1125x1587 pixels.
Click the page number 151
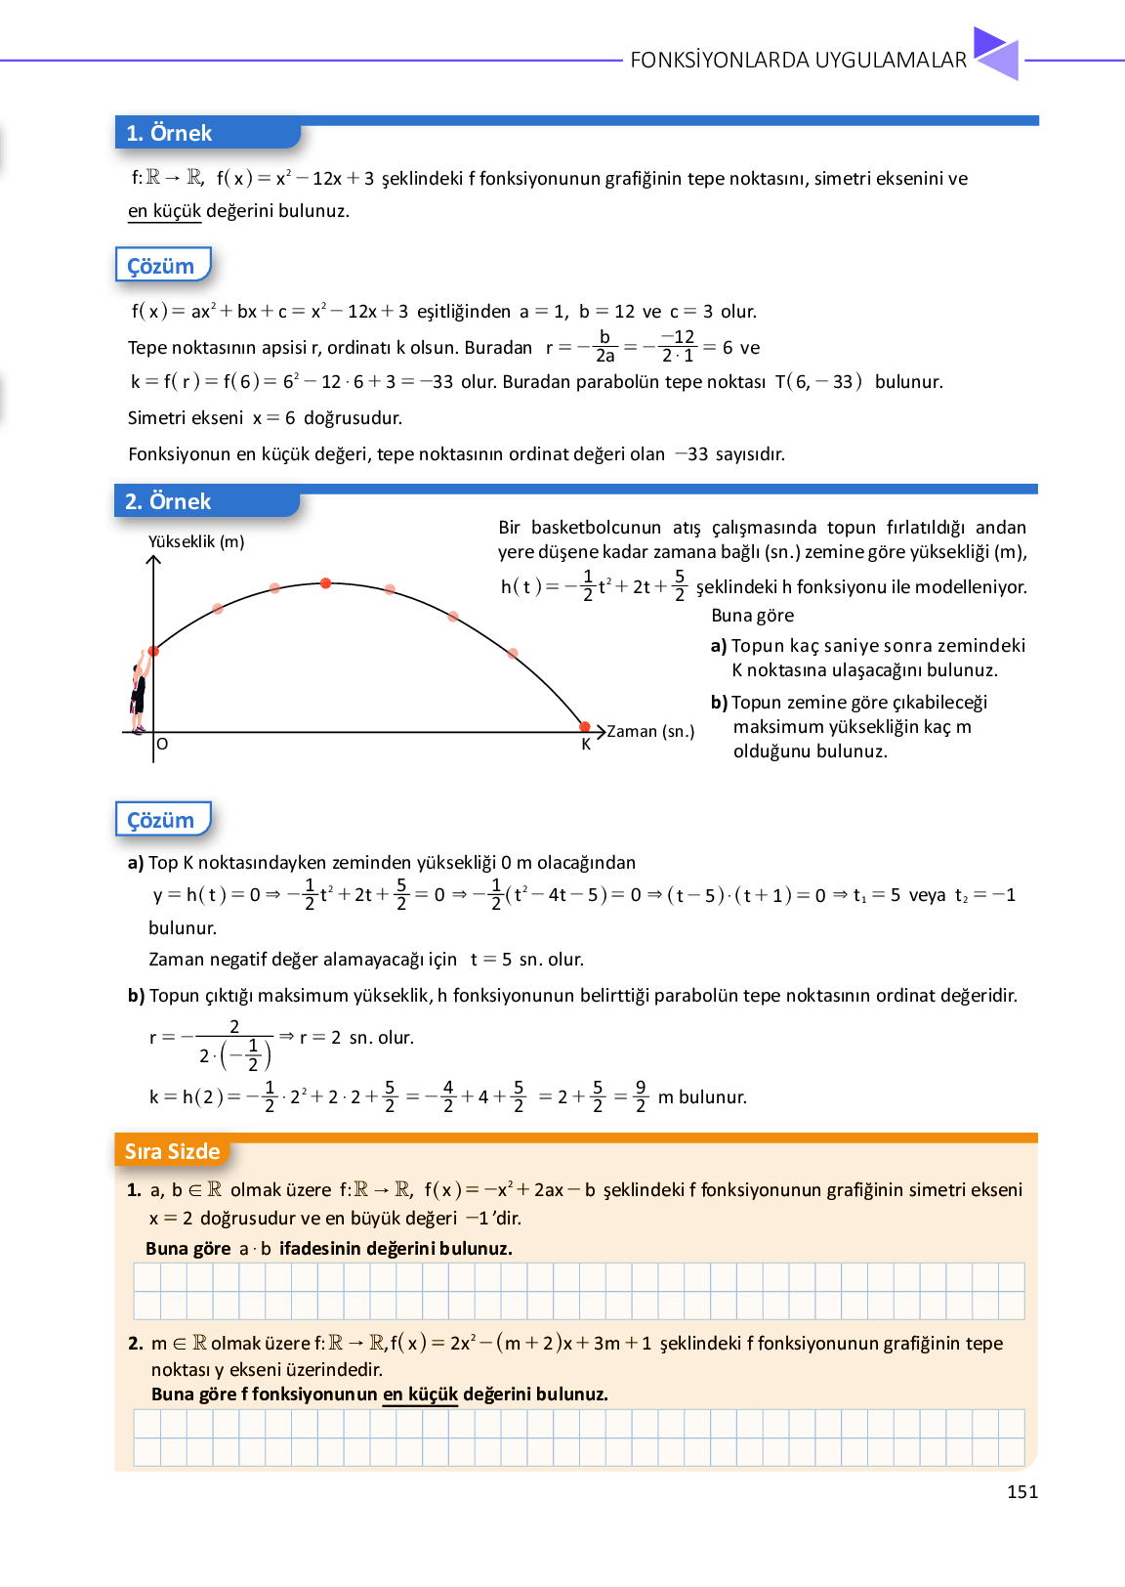click(1021, 1491)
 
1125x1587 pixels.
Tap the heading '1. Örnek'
click(169, 133)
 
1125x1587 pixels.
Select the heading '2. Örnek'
click(168, 501)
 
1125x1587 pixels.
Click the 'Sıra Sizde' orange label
click(172, 1151)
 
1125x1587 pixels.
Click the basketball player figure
click(139, 692)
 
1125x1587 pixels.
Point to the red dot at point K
click(585, 727)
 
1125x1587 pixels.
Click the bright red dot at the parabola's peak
click(325, 583)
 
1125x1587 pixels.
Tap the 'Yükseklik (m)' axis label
click(196, 541)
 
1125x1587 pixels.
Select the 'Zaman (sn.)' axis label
click(650, 731)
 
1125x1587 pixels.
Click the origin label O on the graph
click(162, 744)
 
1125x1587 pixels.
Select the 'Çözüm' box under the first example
click(161, 266)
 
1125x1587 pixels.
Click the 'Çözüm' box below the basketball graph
click(161, 820)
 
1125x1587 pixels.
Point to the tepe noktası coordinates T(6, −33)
click(818, 381)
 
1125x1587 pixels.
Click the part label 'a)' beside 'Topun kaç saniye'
click(719, 645)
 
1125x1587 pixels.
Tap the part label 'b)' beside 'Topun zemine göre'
click(720, 702)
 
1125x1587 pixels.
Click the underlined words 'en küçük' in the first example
click(164, 210)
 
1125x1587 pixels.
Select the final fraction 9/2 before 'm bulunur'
click(641, 1096)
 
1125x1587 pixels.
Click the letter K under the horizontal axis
click(586, 745)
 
